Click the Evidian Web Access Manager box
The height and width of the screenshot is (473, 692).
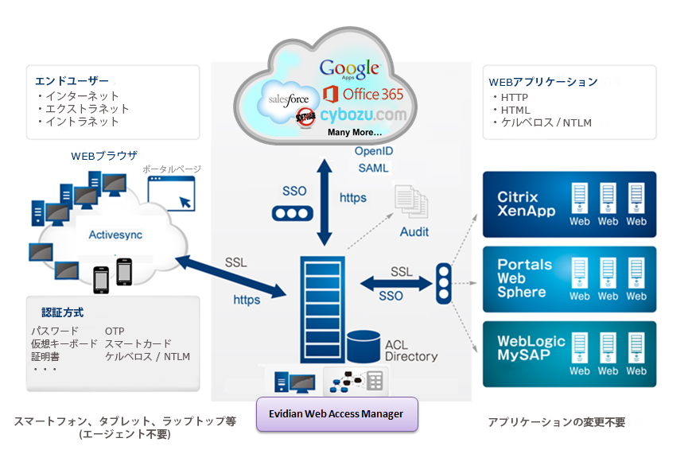(336, 414)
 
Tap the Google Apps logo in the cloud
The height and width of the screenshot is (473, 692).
(349, 68)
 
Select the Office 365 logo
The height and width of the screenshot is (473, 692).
(363, 95)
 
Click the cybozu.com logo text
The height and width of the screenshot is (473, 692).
(364, 114)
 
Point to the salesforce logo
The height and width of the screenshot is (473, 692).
(288, 100)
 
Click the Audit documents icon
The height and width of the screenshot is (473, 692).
(411, 202)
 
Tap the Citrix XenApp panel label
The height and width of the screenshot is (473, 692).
(519, 204)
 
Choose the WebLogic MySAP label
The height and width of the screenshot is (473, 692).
(531, 348)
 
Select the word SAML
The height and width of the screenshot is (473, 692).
(373, 168)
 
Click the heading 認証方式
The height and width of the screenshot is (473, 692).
(62, 312)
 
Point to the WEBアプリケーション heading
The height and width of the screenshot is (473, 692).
(542, 82)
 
